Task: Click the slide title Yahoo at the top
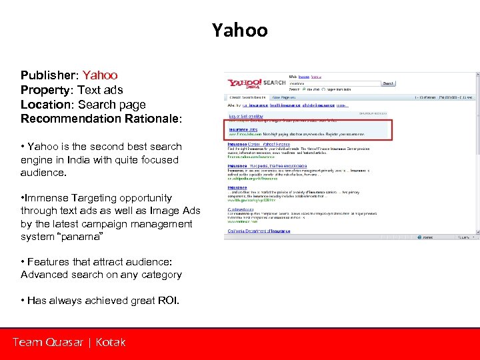(x=239, y=30)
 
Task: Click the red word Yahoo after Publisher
(x=100, y=75)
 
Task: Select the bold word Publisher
(x=49, y=75)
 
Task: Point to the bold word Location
(x=46, y=105)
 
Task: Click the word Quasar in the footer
(x=65, y=343)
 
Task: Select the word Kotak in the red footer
(x=111, y=343)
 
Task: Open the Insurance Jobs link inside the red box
(x=244, y=130)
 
